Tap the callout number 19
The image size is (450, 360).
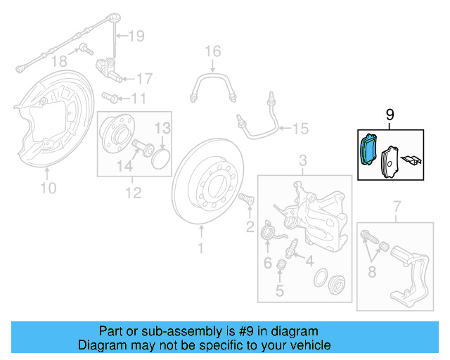click(x=136, y=34)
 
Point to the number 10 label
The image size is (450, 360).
click(x=48, y=188)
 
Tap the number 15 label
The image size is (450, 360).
click(x=300, y=128)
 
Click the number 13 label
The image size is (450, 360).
click(x=162, y=128)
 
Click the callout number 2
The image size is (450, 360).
click(x=249, y=226)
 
